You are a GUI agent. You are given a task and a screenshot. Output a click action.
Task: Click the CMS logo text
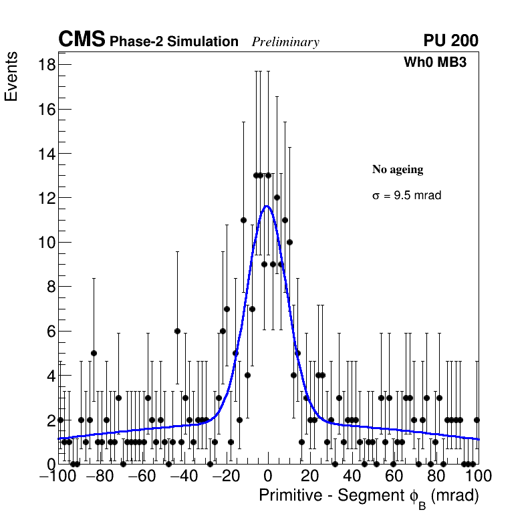[82, 40]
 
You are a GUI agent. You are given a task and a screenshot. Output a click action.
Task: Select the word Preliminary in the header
[285, 42]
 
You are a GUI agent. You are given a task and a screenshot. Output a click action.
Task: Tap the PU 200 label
[450, 41]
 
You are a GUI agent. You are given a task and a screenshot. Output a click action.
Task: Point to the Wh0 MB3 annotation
[434, 62]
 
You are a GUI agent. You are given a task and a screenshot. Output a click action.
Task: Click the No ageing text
[398, 170]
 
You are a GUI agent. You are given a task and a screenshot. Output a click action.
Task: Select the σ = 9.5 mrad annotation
[406, 196]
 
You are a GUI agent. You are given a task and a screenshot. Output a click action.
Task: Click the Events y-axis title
[11, 78]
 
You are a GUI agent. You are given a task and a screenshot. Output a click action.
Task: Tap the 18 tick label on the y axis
[46, 65]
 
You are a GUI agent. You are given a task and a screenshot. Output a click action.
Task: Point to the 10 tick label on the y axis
[46, 242]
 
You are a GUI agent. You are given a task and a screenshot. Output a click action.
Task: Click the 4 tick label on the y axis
[50, 375]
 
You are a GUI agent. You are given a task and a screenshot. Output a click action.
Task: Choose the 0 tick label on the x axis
[268, 477]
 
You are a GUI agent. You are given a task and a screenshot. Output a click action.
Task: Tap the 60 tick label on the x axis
[394, 477]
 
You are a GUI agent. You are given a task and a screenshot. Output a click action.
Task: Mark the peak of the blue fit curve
[267, 206]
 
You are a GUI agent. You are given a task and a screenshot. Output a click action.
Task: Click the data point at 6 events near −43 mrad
[177, 331]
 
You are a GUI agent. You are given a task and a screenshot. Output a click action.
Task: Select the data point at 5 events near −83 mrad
[94, 353]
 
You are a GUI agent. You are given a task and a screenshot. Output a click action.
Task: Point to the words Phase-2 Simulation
[174, 41]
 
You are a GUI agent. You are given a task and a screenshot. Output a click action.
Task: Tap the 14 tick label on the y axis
[46, 153]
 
